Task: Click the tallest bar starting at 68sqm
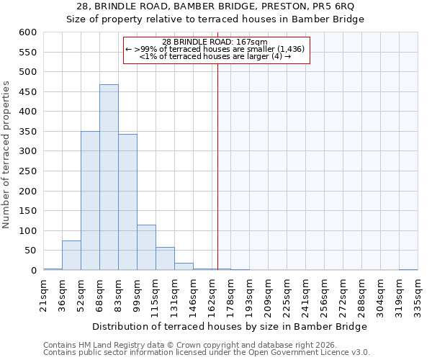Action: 109,177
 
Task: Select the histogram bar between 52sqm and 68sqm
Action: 90,201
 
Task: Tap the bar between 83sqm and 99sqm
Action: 127,202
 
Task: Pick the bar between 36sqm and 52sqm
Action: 71,256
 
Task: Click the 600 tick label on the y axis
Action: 27,32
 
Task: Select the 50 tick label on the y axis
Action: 30,251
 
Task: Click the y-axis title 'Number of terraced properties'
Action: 6,155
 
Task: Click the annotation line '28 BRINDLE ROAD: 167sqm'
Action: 215,42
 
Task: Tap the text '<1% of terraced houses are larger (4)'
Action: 215,55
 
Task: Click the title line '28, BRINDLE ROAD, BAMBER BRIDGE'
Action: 215,6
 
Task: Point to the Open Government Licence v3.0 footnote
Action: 206,352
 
